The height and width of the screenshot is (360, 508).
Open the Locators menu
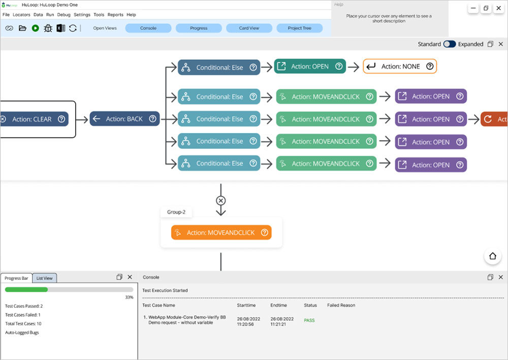[21, 15]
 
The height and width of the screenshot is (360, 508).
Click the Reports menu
[115, 15]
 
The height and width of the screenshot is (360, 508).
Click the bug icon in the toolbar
[48, 28]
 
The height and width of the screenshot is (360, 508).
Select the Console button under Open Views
[148, 28]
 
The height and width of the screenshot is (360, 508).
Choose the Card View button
[249, 28]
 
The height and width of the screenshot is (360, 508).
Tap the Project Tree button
[299, 28]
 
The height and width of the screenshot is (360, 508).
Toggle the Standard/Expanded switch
[450, 44]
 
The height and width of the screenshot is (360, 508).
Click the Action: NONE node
[400, 67]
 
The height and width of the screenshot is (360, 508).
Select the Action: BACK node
[124, 119]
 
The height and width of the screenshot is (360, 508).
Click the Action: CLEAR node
[32, 119]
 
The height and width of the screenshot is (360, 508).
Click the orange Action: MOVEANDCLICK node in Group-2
[221, 233]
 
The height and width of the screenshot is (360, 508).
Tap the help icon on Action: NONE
[430, 67]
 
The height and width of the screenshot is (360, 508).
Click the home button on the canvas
[492, 256]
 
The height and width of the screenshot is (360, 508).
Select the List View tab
[45, 278]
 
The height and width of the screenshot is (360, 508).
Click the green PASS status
[309, 320]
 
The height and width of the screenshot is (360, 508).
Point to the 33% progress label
[129, 298]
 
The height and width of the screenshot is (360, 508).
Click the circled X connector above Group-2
[220, 201]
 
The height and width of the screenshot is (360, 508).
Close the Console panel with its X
[501, 277]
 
